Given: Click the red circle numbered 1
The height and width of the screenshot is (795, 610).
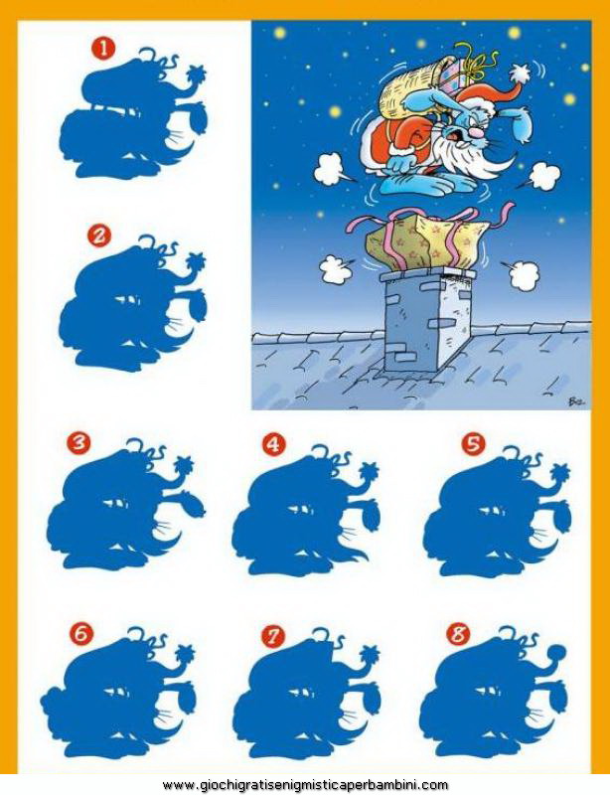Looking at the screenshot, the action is [x=103, y=48].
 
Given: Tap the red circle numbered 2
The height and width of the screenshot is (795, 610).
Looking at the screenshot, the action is [x=99, y=236].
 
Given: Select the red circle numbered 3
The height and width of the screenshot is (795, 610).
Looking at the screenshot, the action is [x=78, y=444].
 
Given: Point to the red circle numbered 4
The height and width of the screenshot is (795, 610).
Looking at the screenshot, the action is [x=274, y=444].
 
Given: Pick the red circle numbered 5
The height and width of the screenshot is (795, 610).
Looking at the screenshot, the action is [x=473, y=444].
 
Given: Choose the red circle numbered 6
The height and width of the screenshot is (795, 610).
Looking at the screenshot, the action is [x=83, y=634].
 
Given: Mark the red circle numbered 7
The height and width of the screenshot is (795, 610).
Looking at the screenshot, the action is [x=274, y=637].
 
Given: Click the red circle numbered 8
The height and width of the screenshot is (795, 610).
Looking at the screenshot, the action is [x=458, y=634].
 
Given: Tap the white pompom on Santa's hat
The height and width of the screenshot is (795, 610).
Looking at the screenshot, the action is [x=519, y=74].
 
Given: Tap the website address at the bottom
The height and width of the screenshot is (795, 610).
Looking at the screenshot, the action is [x=305, y=785].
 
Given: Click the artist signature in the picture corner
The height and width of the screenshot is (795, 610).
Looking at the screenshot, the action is [x=576, y=399].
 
